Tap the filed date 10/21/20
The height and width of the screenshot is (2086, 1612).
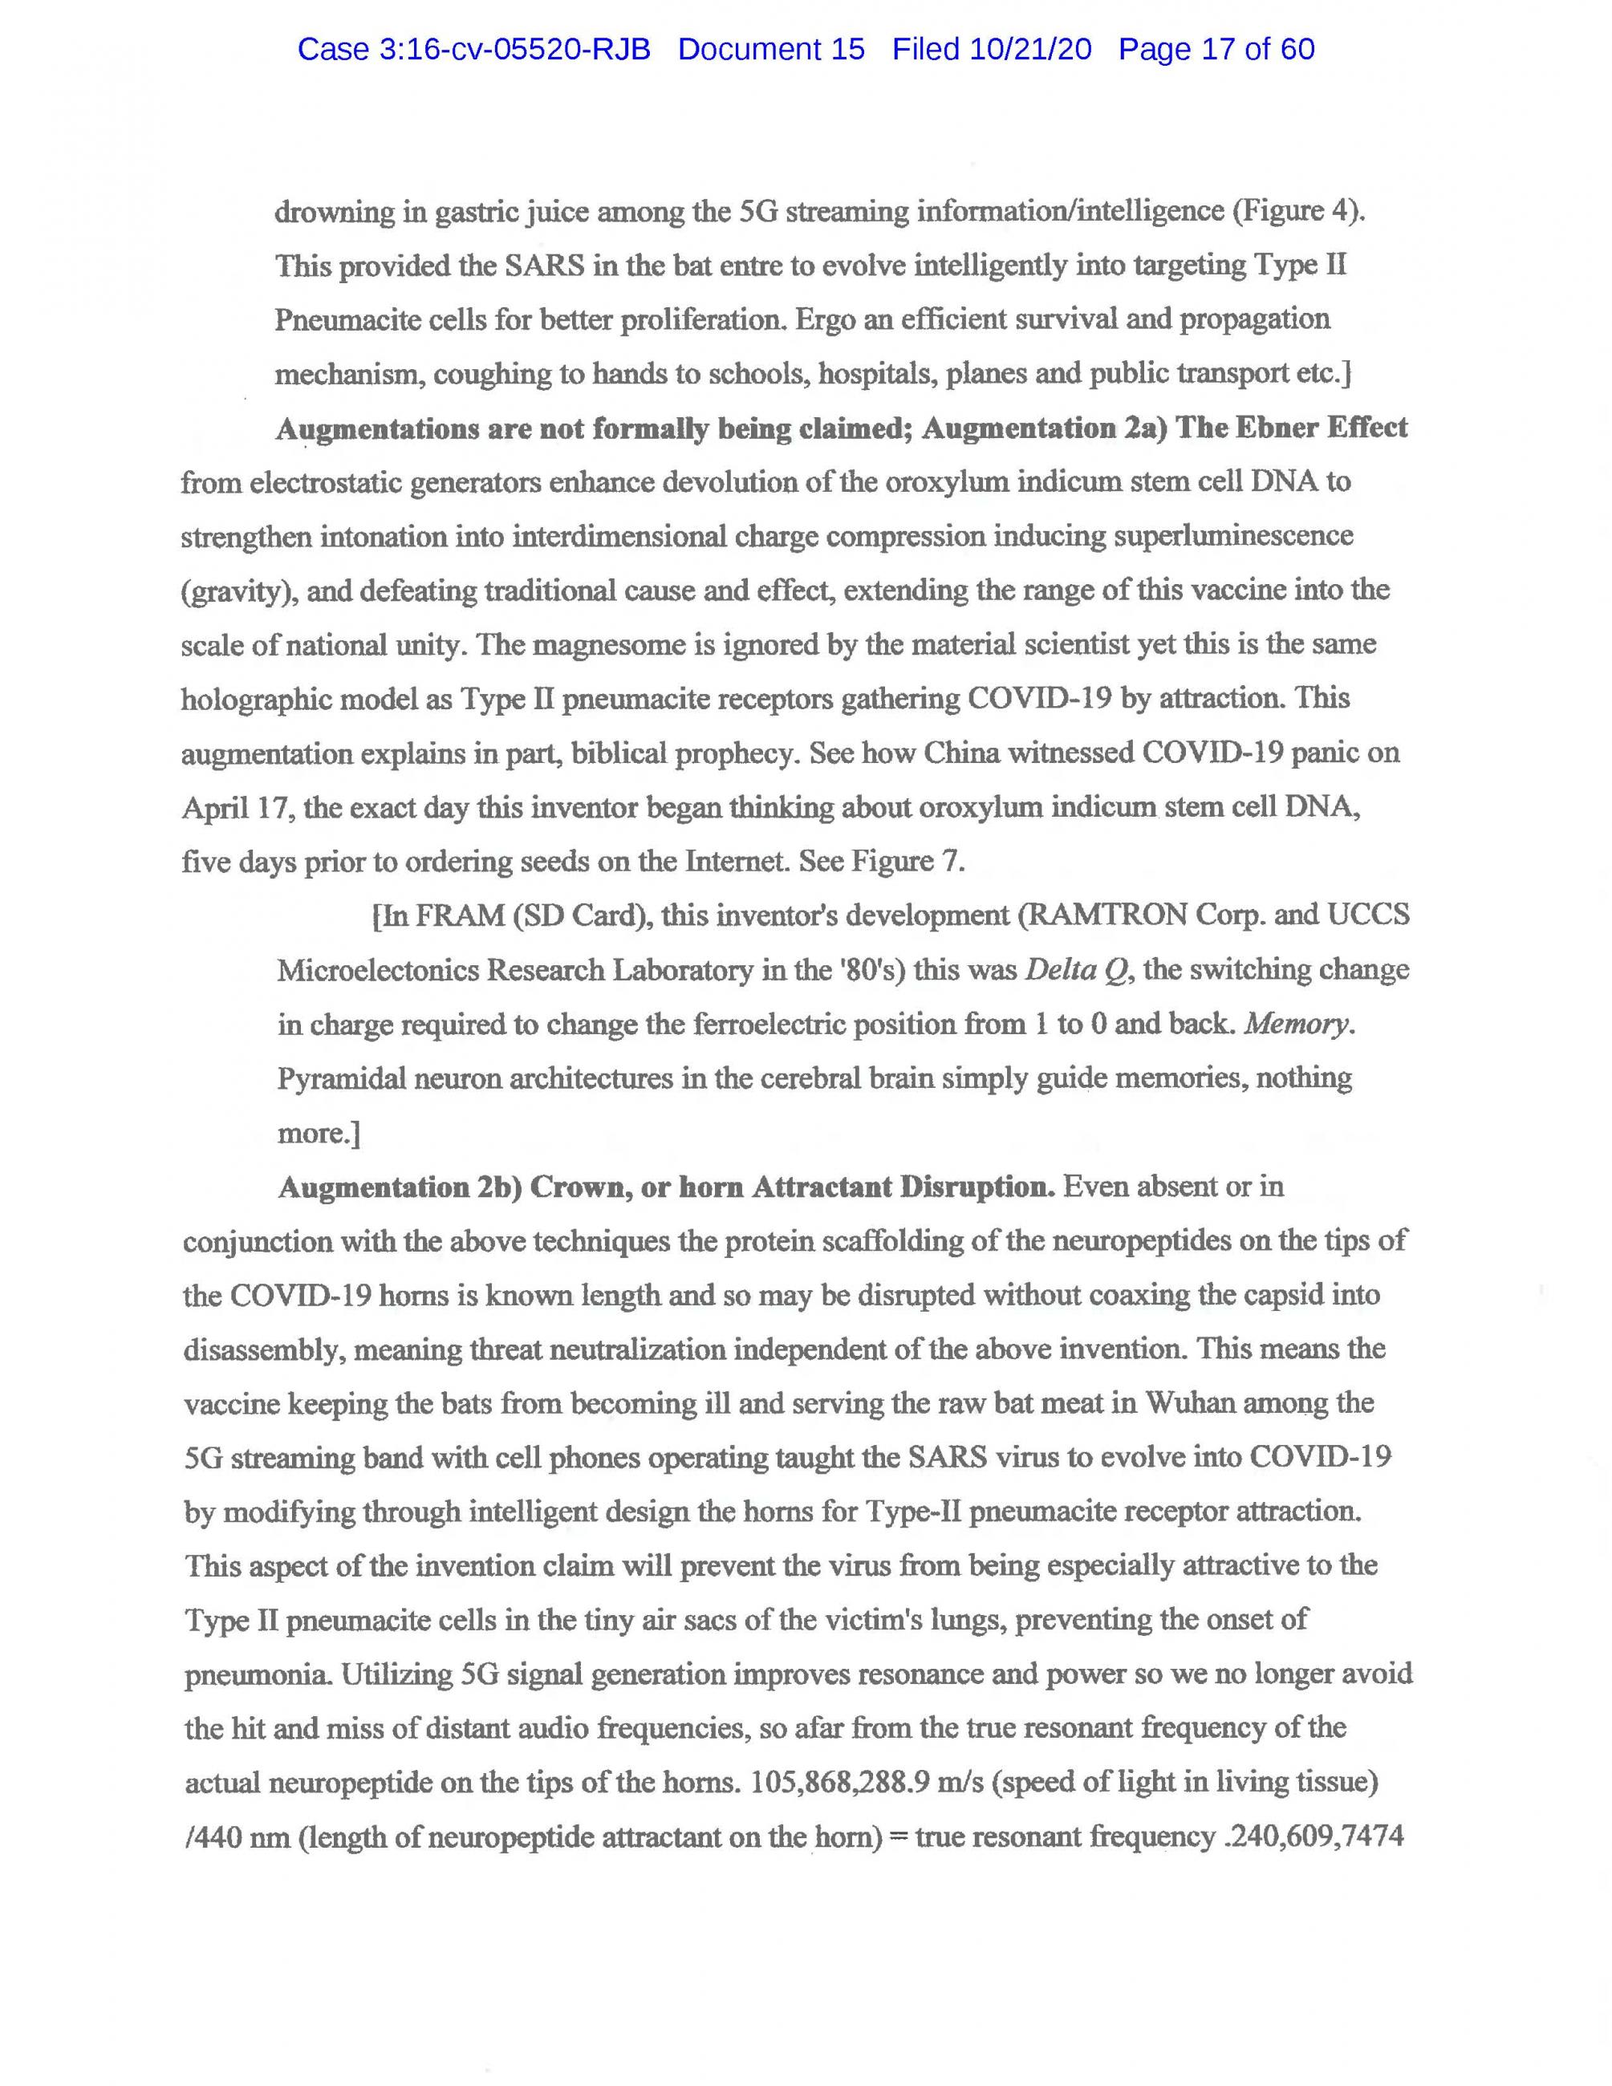1029,50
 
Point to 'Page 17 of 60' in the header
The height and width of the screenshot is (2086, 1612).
1216,50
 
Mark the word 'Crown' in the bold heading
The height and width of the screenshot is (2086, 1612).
574,1187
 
